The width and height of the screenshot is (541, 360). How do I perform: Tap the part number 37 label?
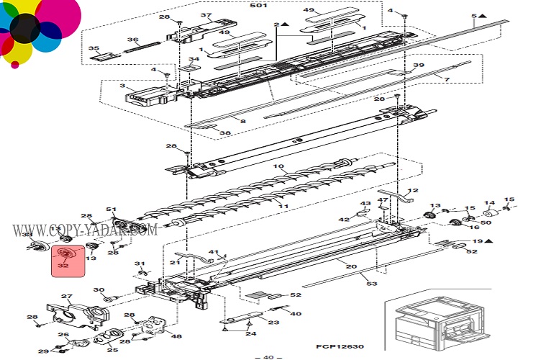tap(206, 15)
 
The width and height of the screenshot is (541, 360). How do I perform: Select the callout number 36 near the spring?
tap(132, 40)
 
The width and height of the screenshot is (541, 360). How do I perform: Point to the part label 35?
tap(94, 48)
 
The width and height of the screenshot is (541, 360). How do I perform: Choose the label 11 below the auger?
tap(283, 207)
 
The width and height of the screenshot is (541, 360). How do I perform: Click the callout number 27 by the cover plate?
tap(67, 297)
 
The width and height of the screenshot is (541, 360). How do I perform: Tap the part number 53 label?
tap(372, 284)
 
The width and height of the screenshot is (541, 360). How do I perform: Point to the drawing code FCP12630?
tap(338, 346)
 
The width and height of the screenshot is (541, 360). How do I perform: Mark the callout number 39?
tap(419, 65)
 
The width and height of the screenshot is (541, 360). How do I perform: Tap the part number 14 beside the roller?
tap(489, 203)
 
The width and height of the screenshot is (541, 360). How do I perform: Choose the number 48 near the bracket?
tap(176, 336)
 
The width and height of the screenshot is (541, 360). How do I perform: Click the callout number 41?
tap(213, 251)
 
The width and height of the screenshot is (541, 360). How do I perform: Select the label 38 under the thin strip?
tap(224, 132)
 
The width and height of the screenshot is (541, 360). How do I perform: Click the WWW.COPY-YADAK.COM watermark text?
tap(85, 230)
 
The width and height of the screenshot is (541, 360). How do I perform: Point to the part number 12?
tap(412, 191)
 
